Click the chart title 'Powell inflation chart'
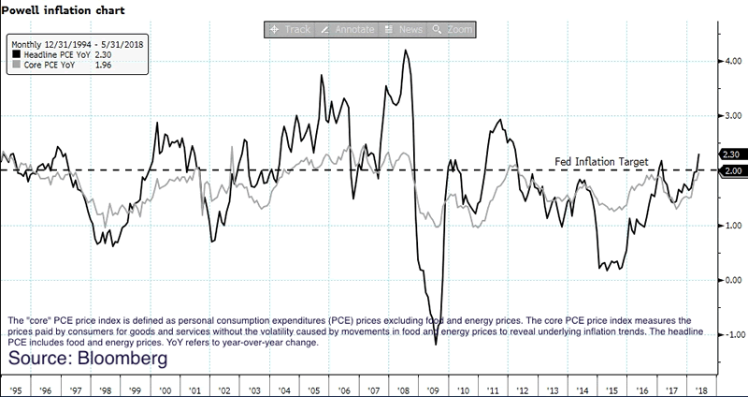click(x=58, y=9)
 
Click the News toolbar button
click(x=405, y=30)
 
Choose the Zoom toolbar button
click(x=454, y=30)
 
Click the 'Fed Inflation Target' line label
click(x=602, y=162)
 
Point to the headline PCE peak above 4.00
click(x=405, y=51)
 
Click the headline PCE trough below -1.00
click(x=437, y=344)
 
